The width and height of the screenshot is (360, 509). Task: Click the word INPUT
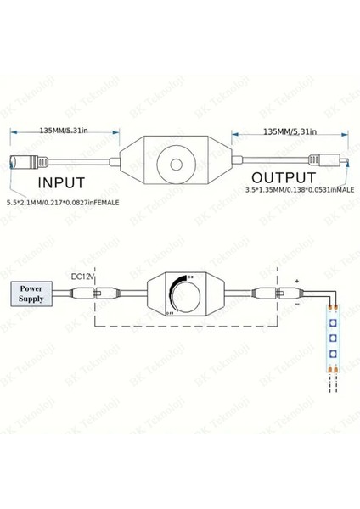(59, 182)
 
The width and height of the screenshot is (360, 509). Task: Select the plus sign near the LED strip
(297, 279)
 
